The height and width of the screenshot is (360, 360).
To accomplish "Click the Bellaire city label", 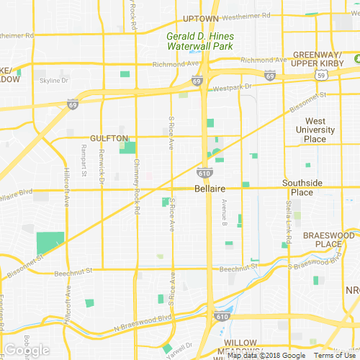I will click(x=211, y=188).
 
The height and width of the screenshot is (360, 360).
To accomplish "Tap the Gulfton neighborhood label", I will click(x=109, y=138).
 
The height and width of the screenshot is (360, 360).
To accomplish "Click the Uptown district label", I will click(x=201, y=19).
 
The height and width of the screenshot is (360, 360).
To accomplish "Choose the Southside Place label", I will click(x=307, y=187).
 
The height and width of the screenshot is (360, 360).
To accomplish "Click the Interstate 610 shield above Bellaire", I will click(x=204, y=173).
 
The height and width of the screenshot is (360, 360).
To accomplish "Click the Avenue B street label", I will click(x=225, y=215).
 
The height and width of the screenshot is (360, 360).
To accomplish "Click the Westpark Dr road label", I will click(x=233, y=87).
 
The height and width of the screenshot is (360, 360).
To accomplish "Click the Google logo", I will click(x=27, y=350).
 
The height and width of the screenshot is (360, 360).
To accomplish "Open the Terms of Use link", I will click(x=335, y=355).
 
